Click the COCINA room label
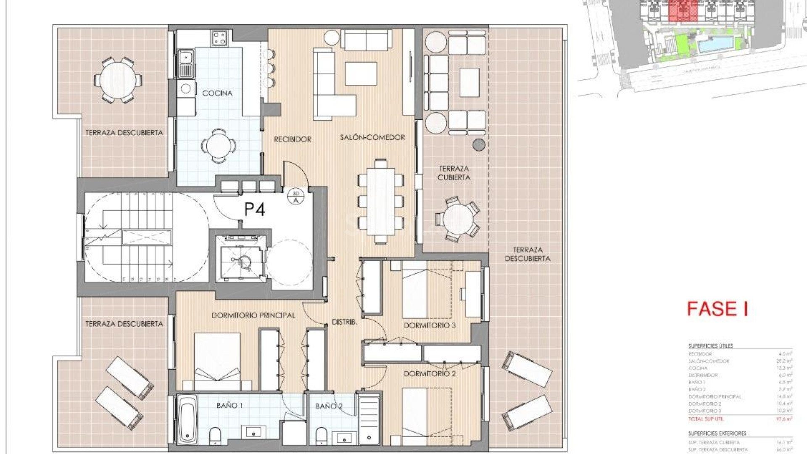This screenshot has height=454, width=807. (217, 93)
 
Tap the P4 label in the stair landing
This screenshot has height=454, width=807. (255, 209)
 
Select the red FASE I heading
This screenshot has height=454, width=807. (717, 309)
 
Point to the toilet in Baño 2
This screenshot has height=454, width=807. (321, 436)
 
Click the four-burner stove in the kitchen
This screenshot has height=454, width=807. (219, 38)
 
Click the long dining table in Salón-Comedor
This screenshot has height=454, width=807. (380, 201)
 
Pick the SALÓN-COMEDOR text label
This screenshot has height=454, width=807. (372, 137)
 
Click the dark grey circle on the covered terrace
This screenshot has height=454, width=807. (479, 145)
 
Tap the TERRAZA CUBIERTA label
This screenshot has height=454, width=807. (454, 173)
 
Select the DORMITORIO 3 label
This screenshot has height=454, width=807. (430, 325)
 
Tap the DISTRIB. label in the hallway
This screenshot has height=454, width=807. (345, 322)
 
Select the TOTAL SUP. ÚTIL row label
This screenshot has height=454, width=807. (706, 419)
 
